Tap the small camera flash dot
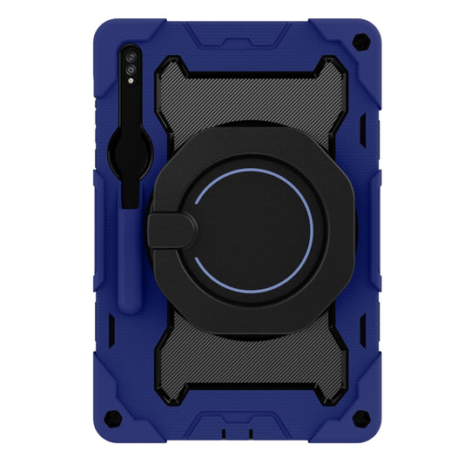pos(131,80)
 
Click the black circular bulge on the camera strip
pos(131,161)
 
